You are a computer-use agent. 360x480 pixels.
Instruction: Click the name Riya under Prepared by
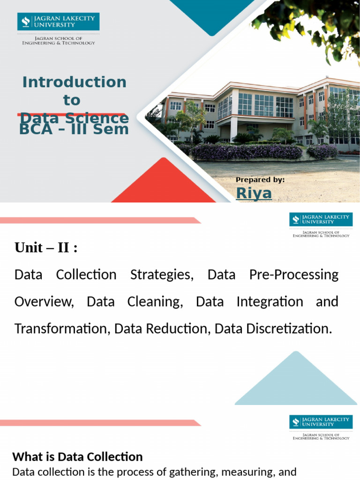pyautogui.click(x=254, y=193)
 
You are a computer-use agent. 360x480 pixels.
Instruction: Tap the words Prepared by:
pyautogui.click(x=260, y=180)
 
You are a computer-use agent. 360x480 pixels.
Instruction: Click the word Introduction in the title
pyautogui.click(x=74, y=82)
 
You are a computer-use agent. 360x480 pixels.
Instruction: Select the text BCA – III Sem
pyautogui.click(x=74, y=128)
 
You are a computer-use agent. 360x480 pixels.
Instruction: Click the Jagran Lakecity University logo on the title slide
pyautogui.click(x=58, y=22)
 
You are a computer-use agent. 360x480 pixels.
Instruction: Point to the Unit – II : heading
pyautogui.click(x=46, y=247)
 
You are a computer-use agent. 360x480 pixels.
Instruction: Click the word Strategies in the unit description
pyautogui.click(x=162, y=275)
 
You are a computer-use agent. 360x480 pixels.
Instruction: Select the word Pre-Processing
pyautogui.click(x=294, y=275)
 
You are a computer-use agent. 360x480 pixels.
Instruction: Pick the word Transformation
pyautogui.click(x=62, y=329)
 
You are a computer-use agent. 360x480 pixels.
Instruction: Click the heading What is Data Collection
pyautogui.click(x=77, y=457)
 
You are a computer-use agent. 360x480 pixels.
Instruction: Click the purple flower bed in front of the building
pyautogui.click(x=246, y=151)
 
